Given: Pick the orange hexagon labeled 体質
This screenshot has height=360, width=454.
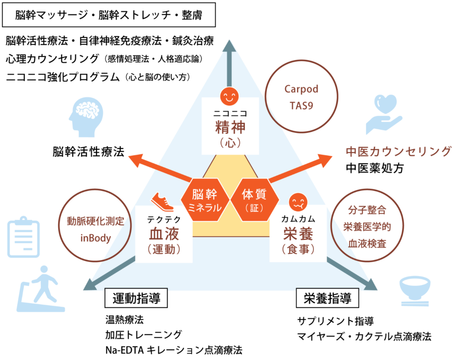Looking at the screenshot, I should coord(254,200).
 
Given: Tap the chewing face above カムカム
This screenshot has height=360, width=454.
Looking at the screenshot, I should coord(297,202).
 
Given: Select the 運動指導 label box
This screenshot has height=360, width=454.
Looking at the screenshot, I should coord(136,298).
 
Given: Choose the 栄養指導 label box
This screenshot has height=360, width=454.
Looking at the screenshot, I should coord(327,298).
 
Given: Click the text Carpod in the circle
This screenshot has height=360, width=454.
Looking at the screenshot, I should coord(301,89).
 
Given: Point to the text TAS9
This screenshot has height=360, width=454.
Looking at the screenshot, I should coord(301,106).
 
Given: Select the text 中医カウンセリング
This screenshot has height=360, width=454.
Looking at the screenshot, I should coord(398,151).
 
